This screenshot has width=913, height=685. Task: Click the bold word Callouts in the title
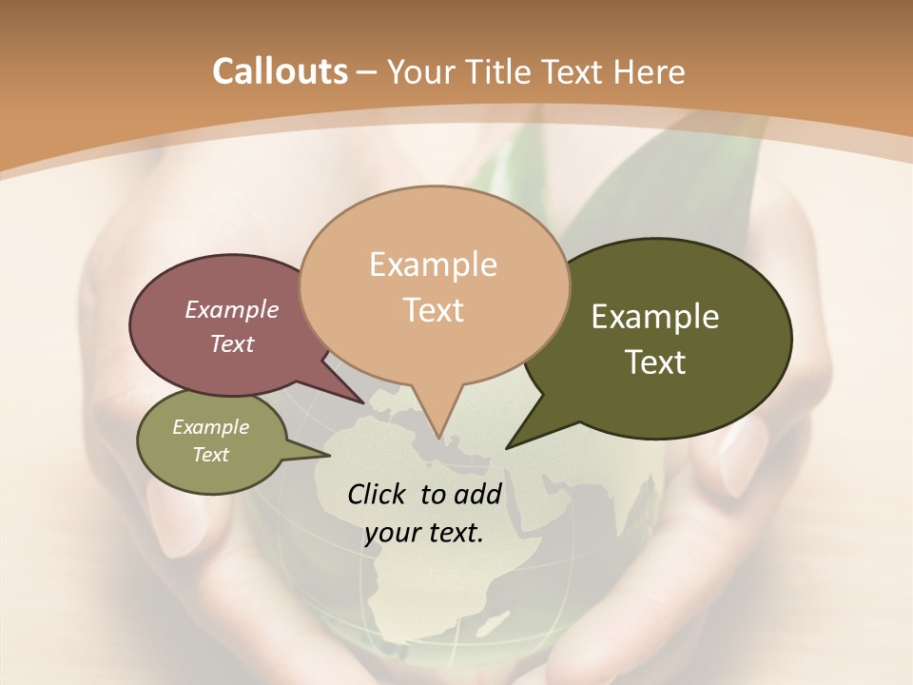point(280,71)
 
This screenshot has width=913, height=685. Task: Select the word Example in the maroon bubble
point(231,309)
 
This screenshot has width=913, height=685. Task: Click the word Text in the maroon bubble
point(231,343)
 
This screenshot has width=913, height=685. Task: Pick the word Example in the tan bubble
point(433,264)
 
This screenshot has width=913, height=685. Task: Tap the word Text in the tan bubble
point(433,310)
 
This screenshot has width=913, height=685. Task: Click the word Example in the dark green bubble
point(655,317)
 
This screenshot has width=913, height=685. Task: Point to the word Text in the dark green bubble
point(655,362)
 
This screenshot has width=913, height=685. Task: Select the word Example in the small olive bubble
point(210,427)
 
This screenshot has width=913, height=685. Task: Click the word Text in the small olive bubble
point(210,455)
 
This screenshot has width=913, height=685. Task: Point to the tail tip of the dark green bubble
point(508,446)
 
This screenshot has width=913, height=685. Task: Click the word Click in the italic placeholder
point(378,494)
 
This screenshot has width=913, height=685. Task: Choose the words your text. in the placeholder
point(424,533)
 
